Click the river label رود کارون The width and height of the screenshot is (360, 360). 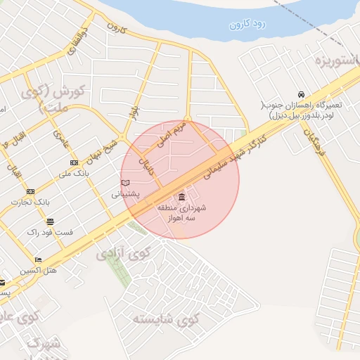(x=247, y=24)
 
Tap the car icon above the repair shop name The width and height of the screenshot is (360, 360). (x=301, y=95)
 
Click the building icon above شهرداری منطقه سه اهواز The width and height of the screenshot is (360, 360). (x=182, y=195)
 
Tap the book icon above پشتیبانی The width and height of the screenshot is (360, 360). (x=126, y=183)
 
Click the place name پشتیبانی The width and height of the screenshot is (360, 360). (x=126, y=193)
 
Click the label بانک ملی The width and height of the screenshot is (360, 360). (x=75, y=173)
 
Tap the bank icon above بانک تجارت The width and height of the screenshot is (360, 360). (x=30, y=191)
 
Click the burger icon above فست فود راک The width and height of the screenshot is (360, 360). (x=50, y=220)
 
